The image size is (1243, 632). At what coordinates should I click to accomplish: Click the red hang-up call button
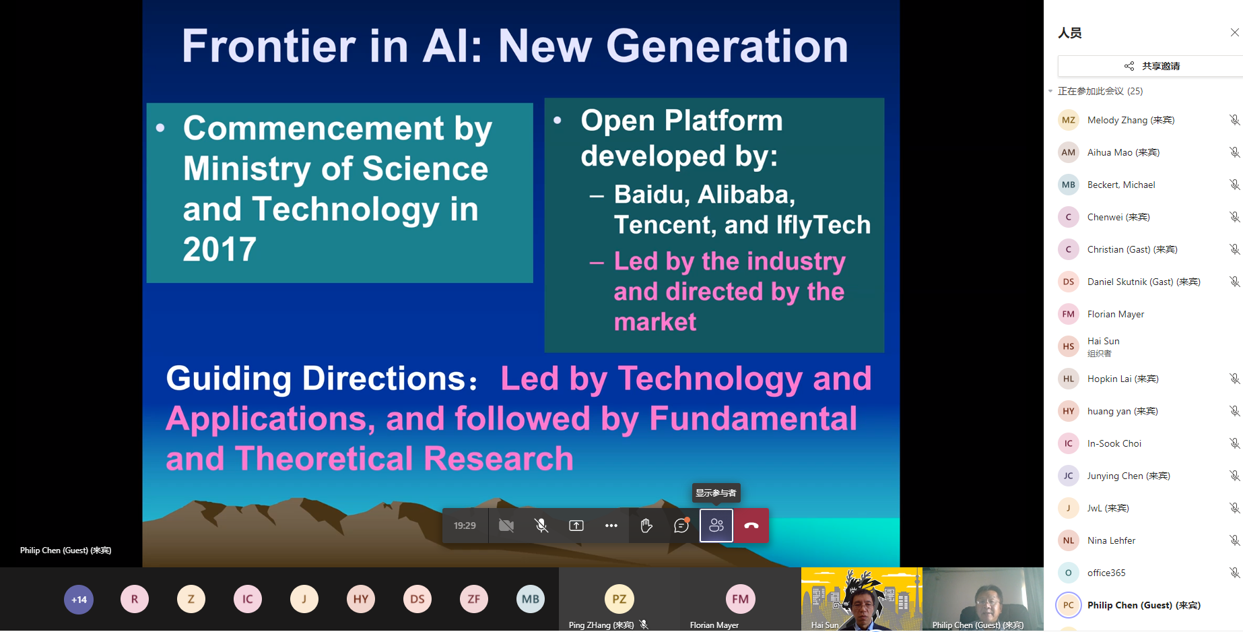point(751,526)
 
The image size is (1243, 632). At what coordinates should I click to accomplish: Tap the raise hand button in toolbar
point(646,526)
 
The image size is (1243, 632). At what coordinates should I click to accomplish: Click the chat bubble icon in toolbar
point(681,526)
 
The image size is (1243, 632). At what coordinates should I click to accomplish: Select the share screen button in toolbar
point(576,526)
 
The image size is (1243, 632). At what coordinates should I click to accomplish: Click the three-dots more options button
point(611,526)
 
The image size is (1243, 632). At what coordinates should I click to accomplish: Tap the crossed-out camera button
point(506,526)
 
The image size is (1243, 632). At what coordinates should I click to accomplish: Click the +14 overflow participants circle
point(79,599)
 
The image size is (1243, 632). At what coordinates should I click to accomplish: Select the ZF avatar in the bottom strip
point(474,599)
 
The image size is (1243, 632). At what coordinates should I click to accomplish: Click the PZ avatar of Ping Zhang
point(619,599)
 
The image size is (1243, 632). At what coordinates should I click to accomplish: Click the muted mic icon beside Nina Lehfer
point(1234,540)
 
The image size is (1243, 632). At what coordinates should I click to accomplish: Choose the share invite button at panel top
point(1151,66)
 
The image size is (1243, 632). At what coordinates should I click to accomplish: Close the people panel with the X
point(1234,32)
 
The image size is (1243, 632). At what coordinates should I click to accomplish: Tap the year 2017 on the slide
point(220,249)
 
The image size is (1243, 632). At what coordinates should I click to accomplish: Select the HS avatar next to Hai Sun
point(1069,346)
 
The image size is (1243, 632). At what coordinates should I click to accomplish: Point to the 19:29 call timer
point(465,526)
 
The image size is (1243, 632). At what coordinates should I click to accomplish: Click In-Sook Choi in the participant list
point(1114,443)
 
